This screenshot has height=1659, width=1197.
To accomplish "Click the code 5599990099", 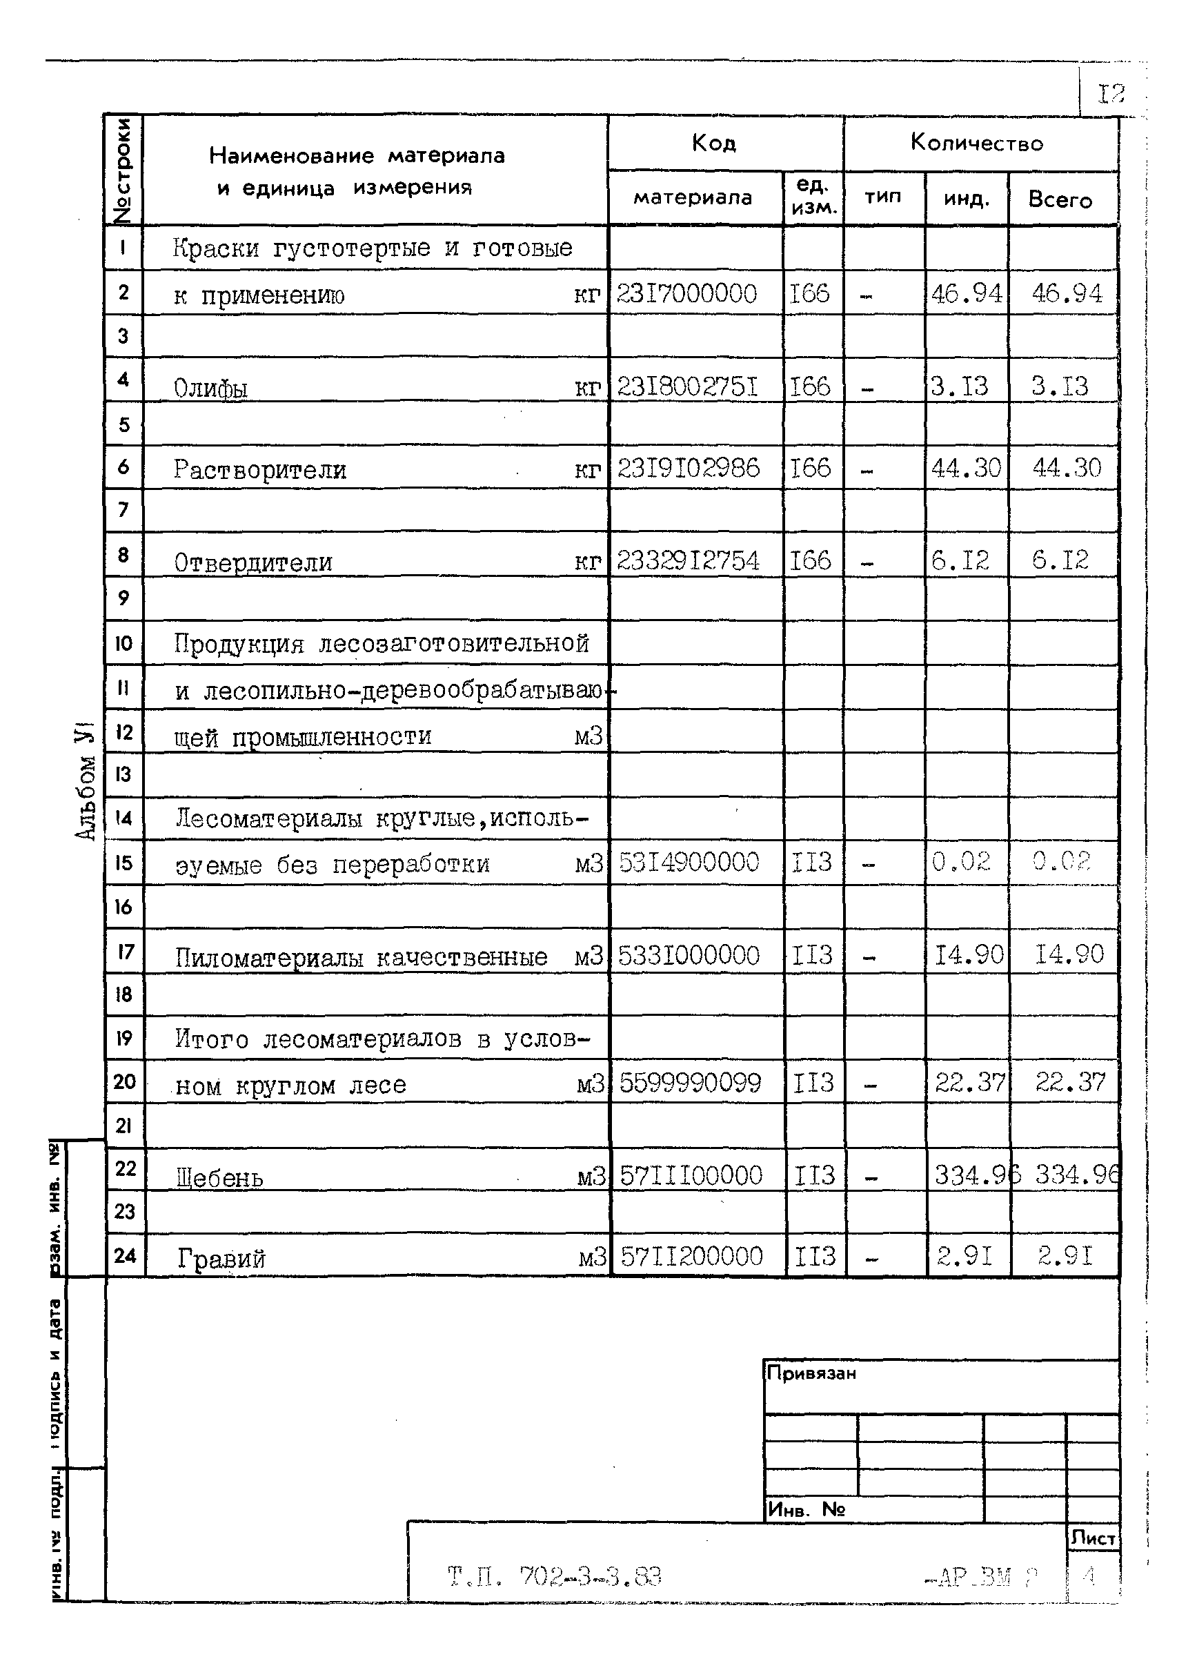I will pyautogui.click(x=691, y=1083).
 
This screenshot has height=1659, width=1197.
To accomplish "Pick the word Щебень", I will pyautogui.click(x=219, y=1178).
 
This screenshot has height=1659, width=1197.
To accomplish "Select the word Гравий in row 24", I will pyautogui.click(x=221, y=1258).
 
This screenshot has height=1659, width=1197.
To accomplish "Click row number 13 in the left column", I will pyautogui.click(x=123, y=774).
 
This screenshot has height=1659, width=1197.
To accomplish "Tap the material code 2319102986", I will pyautogui.click(x=688, y=468).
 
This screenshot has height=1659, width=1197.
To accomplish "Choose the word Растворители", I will pyautogui.click(x=259, y=469).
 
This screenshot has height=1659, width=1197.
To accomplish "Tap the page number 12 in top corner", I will pyautogui.click(x=1110, y=94).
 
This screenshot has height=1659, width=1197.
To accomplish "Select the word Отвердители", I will pyautogui.click(x=253, y=562).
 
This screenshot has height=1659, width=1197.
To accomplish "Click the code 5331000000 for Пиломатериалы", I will pyautogui.click(x=689, y=955).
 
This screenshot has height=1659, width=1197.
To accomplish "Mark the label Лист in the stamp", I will pyautogui.click(x=1093, y=1538).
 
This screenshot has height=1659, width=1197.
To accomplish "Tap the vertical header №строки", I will pyautogui.click(x=123, y=170).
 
